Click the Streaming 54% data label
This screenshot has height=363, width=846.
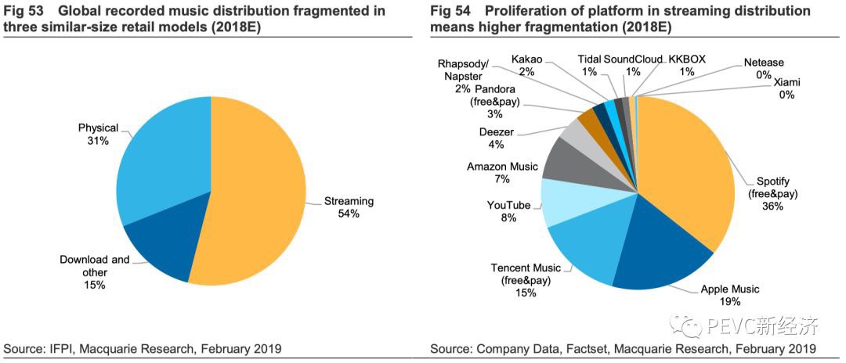(349, 207)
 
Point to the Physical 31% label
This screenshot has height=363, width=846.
(98, 134)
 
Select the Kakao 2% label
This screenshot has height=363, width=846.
(526, 65)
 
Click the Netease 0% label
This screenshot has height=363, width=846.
(765, 68)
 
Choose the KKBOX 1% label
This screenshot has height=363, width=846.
(687, 65)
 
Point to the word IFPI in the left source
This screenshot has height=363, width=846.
(61, 348)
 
